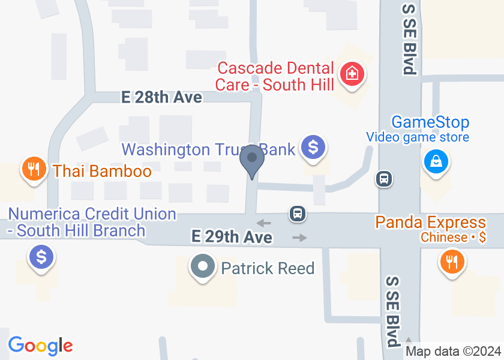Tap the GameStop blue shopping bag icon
[436, 161]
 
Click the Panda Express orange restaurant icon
[451, 261]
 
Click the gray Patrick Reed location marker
[203, 266]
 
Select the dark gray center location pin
[252, 159]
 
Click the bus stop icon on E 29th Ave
[297, 213]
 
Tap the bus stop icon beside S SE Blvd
[384, 178]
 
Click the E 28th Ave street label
[161, 97]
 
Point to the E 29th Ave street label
[232, 237]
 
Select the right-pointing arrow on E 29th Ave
[299, 238]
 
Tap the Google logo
[40, 346]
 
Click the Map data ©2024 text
[453, 351]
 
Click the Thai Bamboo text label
[102, 171]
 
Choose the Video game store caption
[418, 138]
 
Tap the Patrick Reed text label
[268, 268]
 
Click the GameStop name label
[430, 122]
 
